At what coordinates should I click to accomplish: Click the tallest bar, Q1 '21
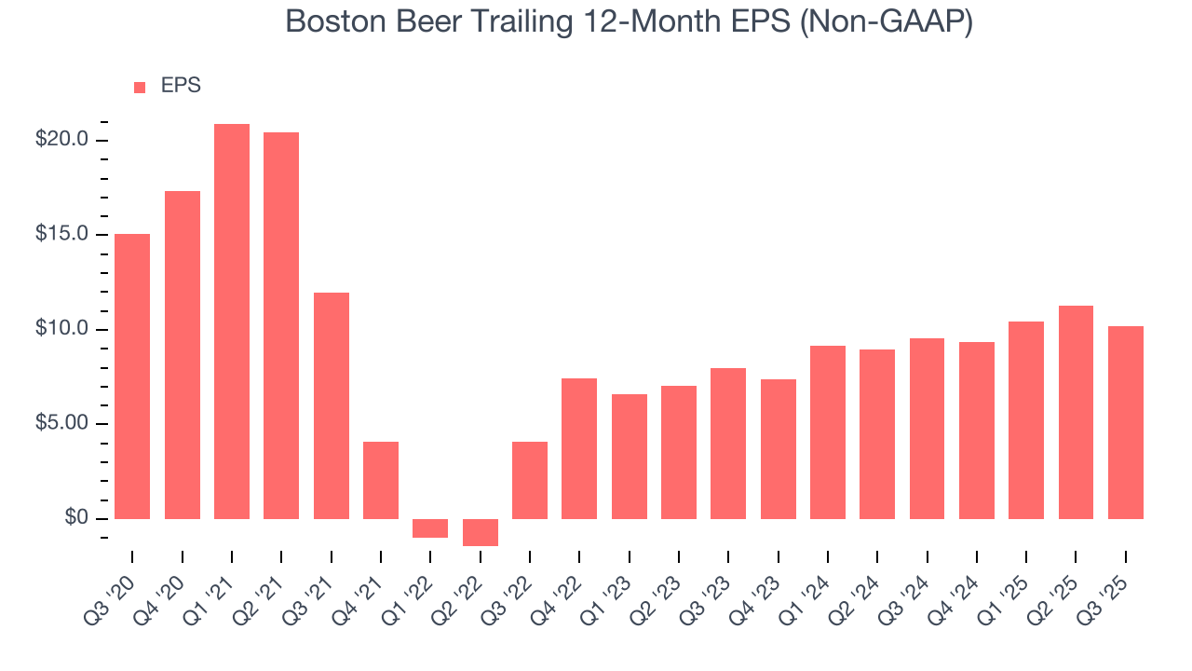(232, 322)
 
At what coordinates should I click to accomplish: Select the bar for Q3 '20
(132, 377)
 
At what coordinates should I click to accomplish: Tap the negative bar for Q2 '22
(481, 532)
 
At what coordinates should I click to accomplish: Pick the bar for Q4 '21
(381, 480)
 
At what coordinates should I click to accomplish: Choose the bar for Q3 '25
(1125, 422)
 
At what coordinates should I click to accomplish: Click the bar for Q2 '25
(1076, 412)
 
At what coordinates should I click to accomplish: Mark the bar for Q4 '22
(579, 448)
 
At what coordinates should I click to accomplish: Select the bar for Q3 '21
(332, 405)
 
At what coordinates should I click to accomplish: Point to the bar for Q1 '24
(828, 432)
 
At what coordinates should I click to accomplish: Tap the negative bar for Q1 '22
(430, 528)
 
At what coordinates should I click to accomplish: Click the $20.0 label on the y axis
(61, 140)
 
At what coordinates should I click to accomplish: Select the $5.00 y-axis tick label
(61, 424)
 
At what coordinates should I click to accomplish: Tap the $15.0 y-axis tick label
(61, 235)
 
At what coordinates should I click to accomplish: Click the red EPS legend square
(140, 87)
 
